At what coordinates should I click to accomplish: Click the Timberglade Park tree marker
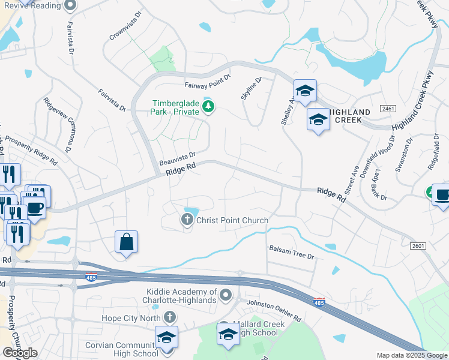(208, 107)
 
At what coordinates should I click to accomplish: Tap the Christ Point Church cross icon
(187, 221)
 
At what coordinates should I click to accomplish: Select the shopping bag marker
(127, 242)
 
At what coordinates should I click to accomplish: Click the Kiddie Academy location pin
(226, 295)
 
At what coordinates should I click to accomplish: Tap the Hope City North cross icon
(170, 317)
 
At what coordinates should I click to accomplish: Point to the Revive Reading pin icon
(70, 5)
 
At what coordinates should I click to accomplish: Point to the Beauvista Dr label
(178, 159)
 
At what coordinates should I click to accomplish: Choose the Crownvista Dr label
(124, 25)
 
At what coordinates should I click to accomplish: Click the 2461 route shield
(388, 108)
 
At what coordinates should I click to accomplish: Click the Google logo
(20, 353)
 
